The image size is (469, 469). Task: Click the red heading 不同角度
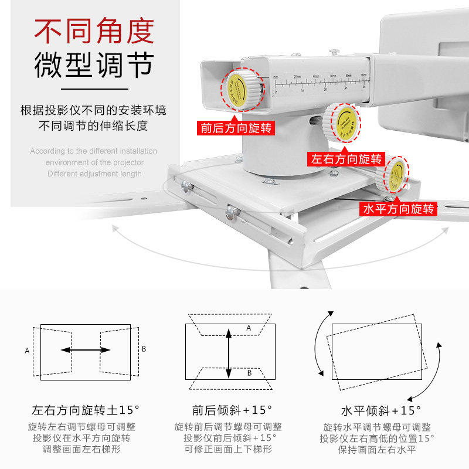pyautogui.click(x=94, y=32)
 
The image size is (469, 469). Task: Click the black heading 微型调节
pyautogui.click(x=94, y=65)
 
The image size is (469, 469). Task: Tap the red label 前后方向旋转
pyautogui.click(x=236, y=127)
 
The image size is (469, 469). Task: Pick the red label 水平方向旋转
pyautogui.click(x=399, y=209)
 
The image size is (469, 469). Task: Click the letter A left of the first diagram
pyautogui.click(x=27, y=351)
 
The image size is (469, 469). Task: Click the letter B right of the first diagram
pyautogui.click(x=144, y=349)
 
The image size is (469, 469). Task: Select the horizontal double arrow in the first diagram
pyautogui.click(x=86, y=350)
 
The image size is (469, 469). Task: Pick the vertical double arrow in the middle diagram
pyautogui.click(x=229, y=352)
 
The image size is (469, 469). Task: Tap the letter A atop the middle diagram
pyautogui.click(x=248, y=328)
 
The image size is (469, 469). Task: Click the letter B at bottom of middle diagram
pyautogui.click(x=248, y=372)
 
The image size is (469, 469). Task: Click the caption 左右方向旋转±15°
pyautogui.click(x=86, y=410)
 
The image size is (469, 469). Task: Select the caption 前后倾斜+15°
pyautogui.click(x=229, y=410)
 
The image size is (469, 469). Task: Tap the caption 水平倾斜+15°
pyautogui.click(x=378, y=410)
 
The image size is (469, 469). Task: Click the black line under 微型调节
pyautogui.click(x=94, y=89)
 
